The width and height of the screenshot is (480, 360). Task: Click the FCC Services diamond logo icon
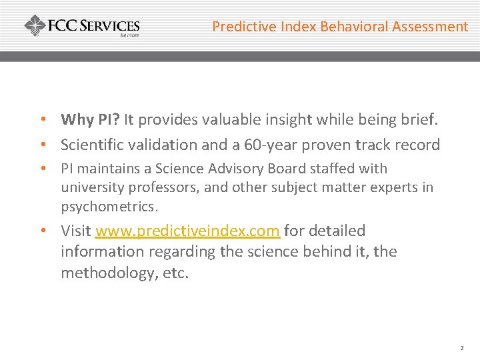(35, 26)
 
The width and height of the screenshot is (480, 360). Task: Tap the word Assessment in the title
(430, 27)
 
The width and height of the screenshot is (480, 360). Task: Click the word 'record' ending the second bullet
(417, 145)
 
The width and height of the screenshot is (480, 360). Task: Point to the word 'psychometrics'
(109, 207)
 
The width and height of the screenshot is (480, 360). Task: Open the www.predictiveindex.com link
(187, 231)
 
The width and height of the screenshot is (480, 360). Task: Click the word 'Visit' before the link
(76, 231)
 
